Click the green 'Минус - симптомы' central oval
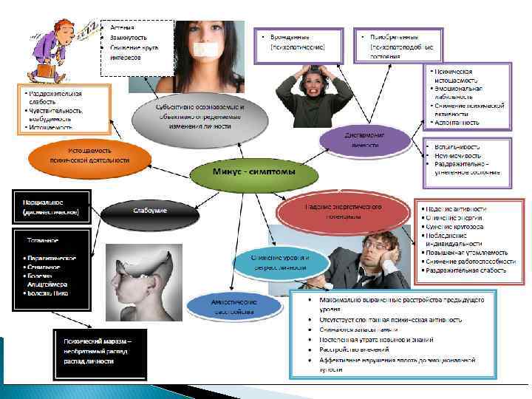244,173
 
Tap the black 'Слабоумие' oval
150,211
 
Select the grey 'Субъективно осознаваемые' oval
199,117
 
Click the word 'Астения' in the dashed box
122,27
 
